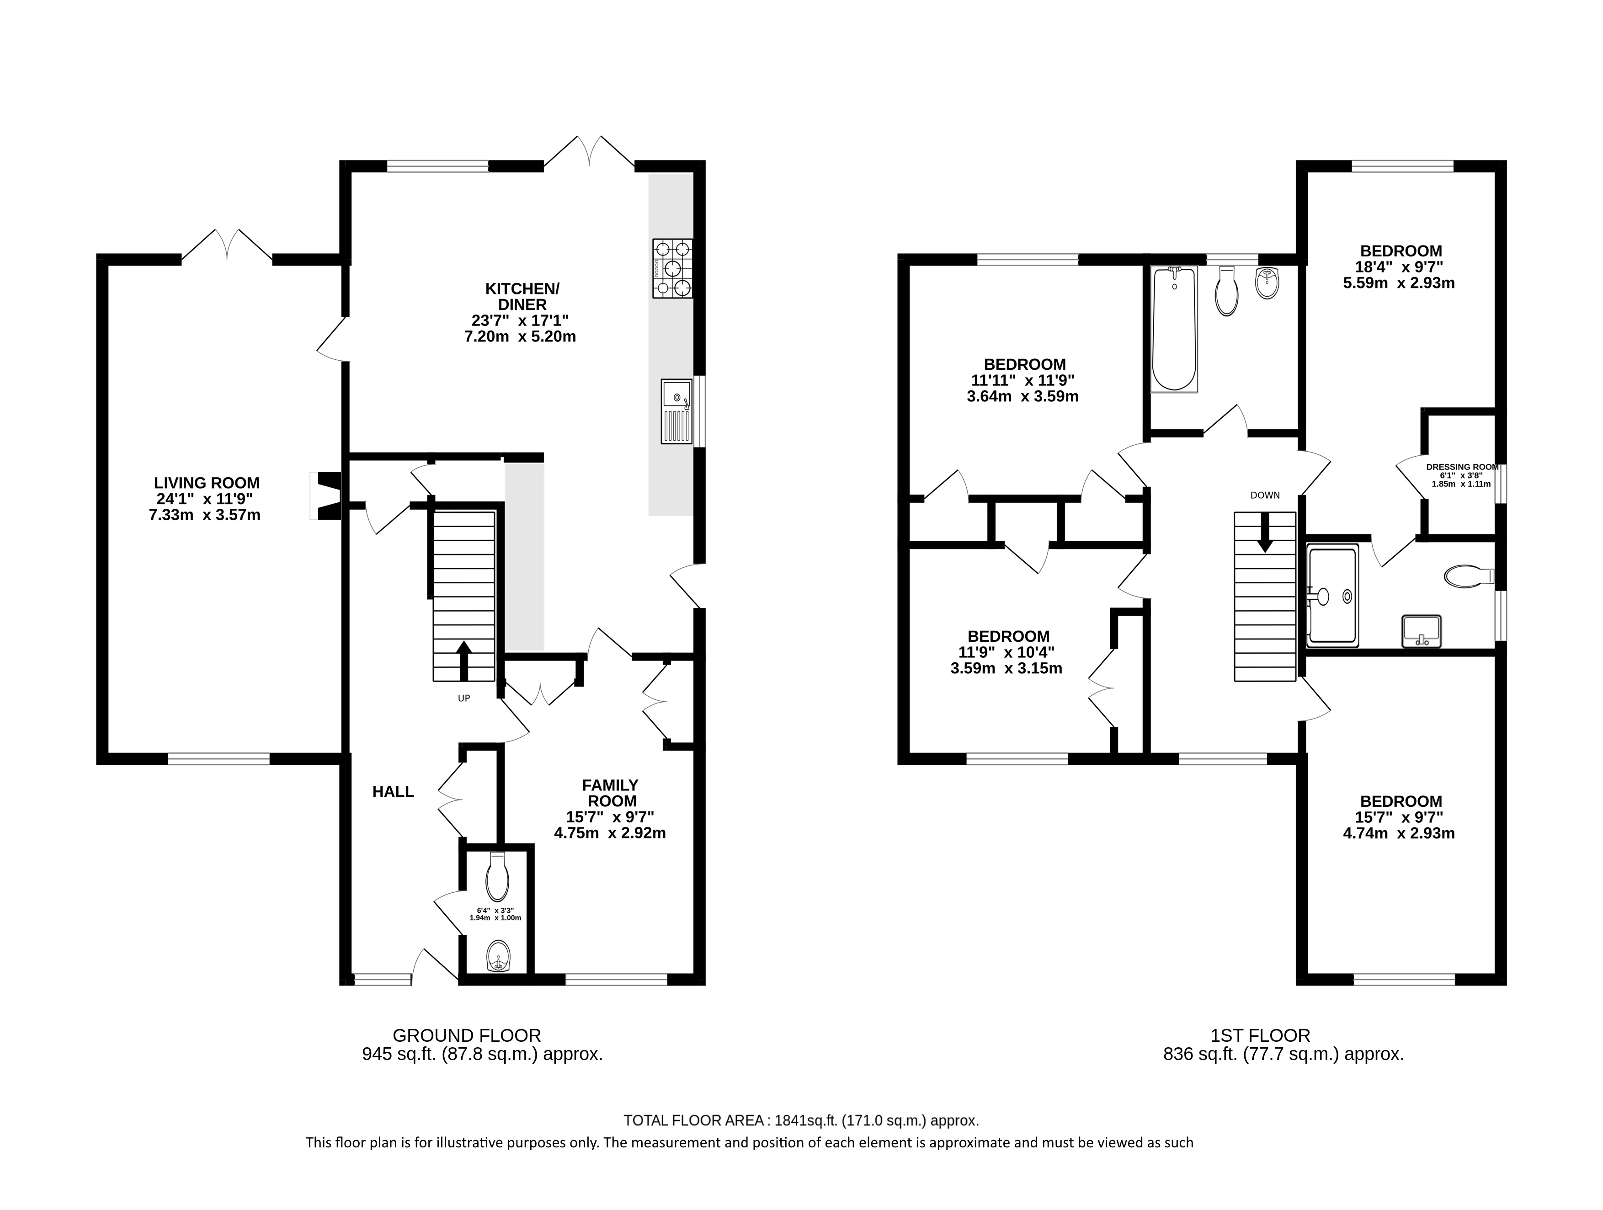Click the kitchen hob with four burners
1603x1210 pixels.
pyautogui.click(x=672, y=269)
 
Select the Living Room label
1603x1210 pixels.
pyautogui.click(x=207, y=483)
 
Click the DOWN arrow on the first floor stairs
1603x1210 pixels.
pyautogui.click(x=1265, y=533)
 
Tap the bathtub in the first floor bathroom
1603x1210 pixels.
pyautogui.click(x=1174, y=330)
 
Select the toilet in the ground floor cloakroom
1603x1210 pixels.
pyautogui.click(x=497, y=877)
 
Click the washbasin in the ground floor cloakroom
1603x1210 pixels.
pyautogui.click(x=498, y=956)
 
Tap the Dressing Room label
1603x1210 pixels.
pyautogui.click(x=1462, y=467)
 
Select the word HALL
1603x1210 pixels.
pyautogui.click(x=393, y=792)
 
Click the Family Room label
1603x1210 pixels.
pyautogui.click(x=610, y=794)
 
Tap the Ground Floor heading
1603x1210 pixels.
pyautogui.click(x=467, y=1035)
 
